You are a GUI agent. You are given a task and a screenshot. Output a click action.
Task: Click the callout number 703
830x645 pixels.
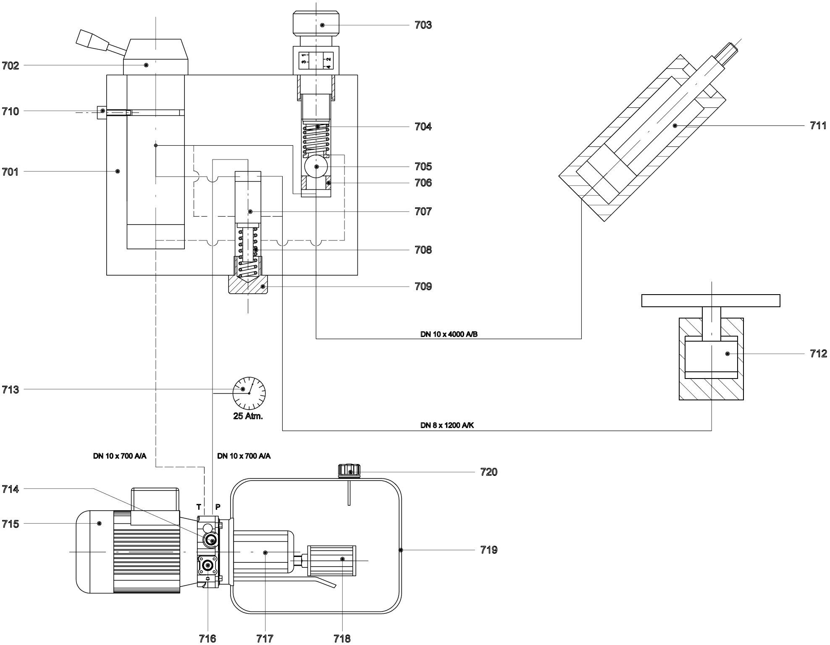pos(423,25)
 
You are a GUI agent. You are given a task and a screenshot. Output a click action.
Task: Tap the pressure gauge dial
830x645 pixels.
pos(249,393)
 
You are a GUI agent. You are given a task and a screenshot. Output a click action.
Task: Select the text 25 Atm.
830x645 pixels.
pos(248,417)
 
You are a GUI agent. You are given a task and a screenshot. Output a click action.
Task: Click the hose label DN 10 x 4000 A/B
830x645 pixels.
pos(449,334)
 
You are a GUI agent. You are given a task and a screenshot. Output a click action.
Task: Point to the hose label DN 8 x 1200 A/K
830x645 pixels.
pos(447,425)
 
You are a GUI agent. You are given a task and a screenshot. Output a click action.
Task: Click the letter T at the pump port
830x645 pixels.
pos(199,507)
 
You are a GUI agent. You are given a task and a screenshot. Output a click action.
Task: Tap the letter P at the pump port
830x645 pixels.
pos(218,507)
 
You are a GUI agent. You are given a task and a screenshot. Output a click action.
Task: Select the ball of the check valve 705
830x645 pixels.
pos(317,167)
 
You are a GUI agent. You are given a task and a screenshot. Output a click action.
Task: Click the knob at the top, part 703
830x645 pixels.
pos(316,24)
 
